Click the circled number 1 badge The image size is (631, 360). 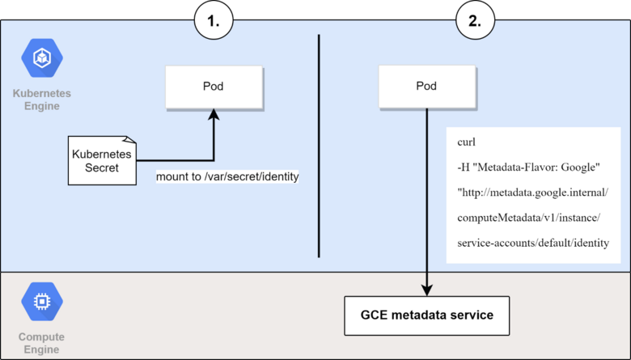[214, 22]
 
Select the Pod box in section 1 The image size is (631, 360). [214, 87]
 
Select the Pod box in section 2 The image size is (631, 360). [426, 87]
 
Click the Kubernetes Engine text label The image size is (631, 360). [41, 100]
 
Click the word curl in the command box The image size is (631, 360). [467, 141]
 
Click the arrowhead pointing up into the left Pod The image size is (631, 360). [214, 117]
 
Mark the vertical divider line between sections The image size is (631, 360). [320, 146]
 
